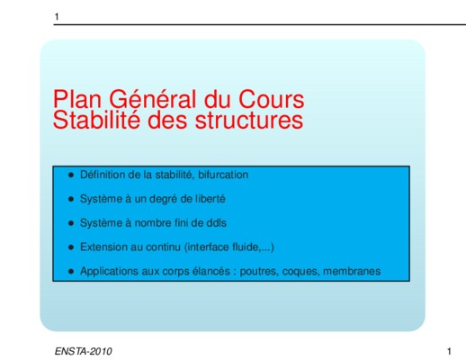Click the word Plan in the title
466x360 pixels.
pyautogui.click(x=77, y=99)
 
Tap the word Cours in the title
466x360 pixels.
pyautogui.click(x=272, y=99)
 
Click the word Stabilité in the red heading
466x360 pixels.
pyautogui.click(x=96, y=120)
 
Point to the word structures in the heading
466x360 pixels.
pyautogui.click(x=249, y=120)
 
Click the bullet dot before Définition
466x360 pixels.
pyautogui.click(x=71, y=175)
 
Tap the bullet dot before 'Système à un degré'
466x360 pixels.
pyautogui.click(x=71, y=199)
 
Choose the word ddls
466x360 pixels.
pyautogui.click(x=217, y=223)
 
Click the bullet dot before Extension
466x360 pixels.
pyautogui.click(x=71, y=247)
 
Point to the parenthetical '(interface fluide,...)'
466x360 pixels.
pyautogui.click(x=229, y=247)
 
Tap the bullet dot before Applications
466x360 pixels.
pyautogui.click(x=71, y=271)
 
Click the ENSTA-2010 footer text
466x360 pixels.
pyautogui.click(x=84, y=351)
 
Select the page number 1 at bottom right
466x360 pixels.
pyautogui.click(x=449, y=351)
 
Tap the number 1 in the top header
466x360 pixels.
pyautogui.click(x=57, y=16)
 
